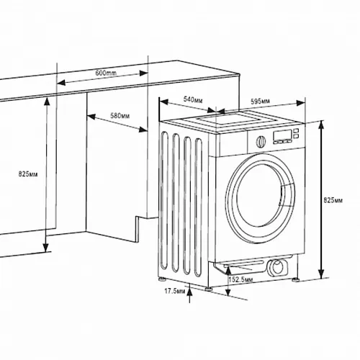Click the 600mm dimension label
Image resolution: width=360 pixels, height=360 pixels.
click(106, 73)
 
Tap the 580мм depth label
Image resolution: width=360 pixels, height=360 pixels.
click(120, 116)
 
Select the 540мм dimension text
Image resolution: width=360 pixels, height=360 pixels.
click(193, 99)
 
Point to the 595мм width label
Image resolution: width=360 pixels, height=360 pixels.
click(260, 102)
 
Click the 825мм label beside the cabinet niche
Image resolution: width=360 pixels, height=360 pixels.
click(28, 174)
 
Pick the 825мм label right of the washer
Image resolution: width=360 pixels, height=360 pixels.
click(333, 200)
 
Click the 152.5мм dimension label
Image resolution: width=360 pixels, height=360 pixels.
click(240, 279)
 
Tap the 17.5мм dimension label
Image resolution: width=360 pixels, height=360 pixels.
click(175, 291)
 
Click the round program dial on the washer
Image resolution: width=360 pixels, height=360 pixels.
click(261, 141)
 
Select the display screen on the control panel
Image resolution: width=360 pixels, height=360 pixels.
click(283, 135)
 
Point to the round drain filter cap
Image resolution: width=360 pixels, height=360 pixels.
click(277, 267)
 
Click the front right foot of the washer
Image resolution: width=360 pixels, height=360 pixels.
click(296, 279)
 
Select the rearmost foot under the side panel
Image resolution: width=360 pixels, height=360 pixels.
click(163, 279)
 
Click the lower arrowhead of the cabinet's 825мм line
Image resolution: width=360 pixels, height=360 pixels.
click(45, 248)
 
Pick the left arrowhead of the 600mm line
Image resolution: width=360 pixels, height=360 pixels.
click(61, 83)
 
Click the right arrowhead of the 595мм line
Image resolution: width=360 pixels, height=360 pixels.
click(301, 103)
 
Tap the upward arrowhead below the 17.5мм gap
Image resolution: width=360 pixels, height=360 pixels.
click(190, 292)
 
